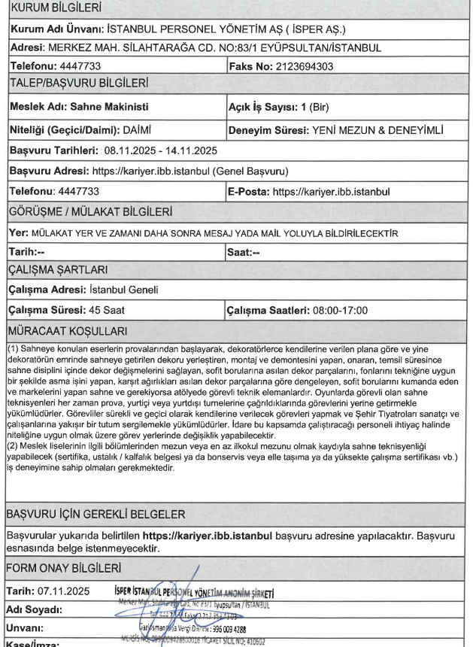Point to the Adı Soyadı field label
coord(35,607)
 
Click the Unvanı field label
coord(27,625)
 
